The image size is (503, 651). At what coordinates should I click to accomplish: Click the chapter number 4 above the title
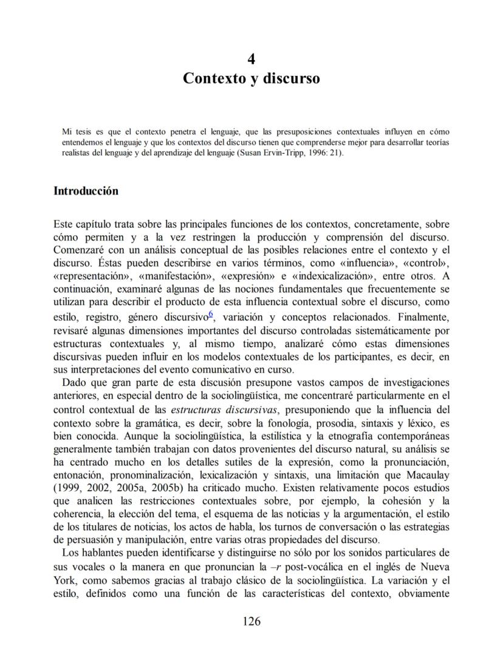(x=251, y=59)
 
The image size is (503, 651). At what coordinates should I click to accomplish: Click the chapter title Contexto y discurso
(x=251, y=78)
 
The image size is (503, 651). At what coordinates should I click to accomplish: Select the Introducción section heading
(x=86, y=191)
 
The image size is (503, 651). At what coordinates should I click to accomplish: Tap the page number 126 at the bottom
(x=251, y=621)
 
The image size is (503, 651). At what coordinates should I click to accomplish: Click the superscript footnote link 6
(x=210, y=314)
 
